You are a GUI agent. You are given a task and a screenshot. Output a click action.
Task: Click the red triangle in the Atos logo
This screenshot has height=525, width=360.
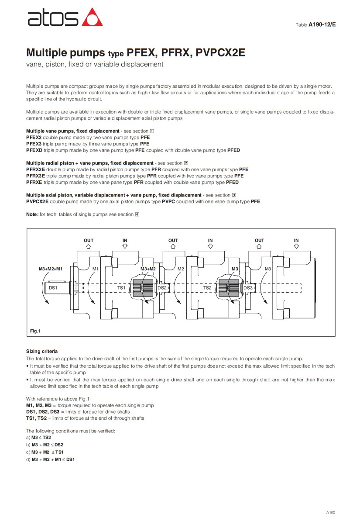click(93, 17)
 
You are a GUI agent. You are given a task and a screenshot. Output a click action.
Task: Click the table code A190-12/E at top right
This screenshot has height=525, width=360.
click(322, 25)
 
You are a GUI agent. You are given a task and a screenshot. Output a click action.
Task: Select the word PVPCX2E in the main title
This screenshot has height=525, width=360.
click(220, 53)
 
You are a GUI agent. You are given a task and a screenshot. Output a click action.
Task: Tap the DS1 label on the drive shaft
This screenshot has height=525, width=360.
click(53, 288)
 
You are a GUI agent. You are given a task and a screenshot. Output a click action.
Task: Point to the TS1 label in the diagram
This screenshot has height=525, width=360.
click(121, 288)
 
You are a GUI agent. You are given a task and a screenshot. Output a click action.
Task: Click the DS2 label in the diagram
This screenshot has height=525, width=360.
click(162, 288)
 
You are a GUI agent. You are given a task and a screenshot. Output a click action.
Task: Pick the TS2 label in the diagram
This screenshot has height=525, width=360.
click(207, 288)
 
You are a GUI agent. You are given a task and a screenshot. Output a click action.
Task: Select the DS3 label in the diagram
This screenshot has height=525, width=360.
click(248, 288)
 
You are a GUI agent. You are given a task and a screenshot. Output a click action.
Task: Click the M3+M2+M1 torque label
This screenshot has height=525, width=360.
click(51, 269)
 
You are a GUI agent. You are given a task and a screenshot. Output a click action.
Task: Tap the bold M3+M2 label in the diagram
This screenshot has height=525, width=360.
click(148, 269)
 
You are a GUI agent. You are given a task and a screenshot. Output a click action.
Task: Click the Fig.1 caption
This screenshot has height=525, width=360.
click(35, 332)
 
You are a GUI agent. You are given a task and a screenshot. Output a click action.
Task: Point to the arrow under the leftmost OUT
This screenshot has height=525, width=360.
click(89, 246)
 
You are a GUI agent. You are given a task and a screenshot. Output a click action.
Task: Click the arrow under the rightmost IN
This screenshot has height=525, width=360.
click(296, 246)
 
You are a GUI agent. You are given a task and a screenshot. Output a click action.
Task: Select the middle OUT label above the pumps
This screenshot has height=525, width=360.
click(173, 240)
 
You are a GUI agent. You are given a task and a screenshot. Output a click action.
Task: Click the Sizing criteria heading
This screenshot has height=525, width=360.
click(42, 351)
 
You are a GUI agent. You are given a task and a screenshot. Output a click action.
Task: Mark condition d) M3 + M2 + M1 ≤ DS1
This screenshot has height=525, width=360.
click(51, 459)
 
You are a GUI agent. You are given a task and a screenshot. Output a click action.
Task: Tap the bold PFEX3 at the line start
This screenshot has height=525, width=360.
click(34, 144)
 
